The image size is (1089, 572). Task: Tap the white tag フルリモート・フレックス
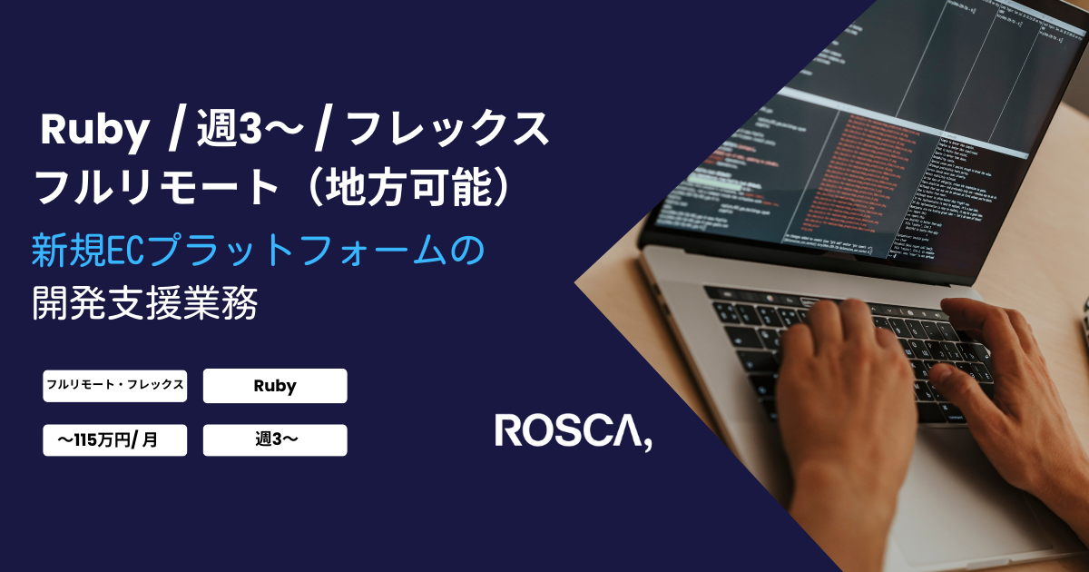click(x=114, y=385)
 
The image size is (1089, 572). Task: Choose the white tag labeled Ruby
click(x=275, y=386)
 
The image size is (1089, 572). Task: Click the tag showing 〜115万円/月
click(x=114, y=440)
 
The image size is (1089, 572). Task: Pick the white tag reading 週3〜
click(x=275, y=440)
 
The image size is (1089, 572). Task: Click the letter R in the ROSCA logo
click(x=508, y=431)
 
